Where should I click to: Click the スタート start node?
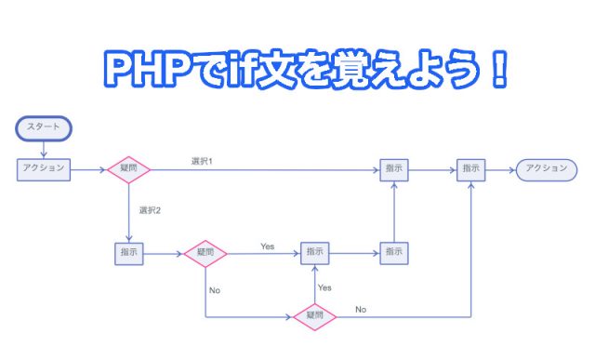point(44,127)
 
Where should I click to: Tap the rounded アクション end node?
point(546,169)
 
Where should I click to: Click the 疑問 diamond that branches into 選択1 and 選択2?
point(129,169)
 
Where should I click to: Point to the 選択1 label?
point(202,162)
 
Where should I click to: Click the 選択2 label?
point(150,210)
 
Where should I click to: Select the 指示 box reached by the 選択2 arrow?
point(129,252)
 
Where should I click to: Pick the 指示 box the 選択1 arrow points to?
point(394,169)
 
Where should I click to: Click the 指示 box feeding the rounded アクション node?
point(470,169)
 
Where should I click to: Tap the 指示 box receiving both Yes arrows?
point(315,252)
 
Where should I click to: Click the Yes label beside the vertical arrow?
point(324,287)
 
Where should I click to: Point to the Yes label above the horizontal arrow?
point(268,246)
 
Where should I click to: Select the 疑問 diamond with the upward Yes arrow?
point(315,316)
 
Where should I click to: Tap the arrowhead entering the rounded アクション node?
point(511,169)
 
